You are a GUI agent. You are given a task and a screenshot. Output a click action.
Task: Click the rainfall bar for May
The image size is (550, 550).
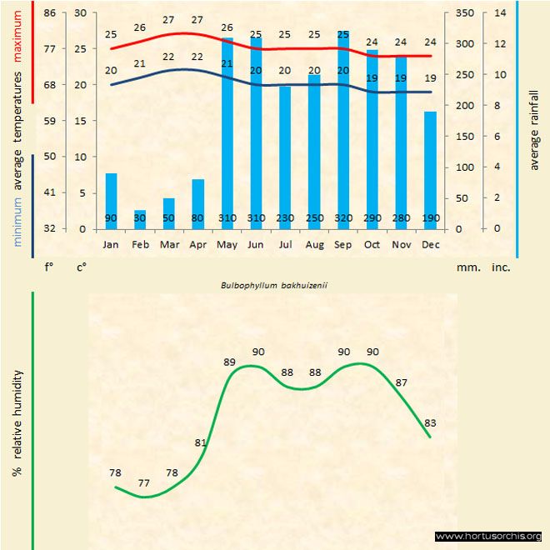tap(227, 133)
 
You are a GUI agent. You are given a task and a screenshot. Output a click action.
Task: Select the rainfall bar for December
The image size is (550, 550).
tap(430, 170)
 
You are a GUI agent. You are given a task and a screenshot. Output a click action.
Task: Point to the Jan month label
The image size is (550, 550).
tap(111, 245)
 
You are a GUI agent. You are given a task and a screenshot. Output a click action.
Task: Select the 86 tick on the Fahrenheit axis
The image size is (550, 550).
tap(50, 13)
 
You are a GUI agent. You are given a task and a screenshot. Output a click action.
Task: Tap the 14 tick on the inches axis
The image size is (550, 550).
tap(500, 13)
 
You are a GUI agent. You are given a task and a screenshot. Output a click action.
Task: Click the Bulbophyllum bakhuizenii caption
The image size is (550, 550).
tap(274, 284)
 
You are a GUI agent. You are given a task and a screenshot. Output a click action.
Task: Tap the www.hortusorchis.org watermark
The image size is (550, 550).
tap(488, 536)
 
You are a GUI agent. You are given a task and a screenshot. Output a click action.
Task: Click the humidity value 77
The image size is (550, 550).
tap(143, 482)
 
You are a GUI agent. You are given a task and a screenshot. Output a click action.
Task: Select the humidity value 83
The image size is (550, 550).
tap(430, 422)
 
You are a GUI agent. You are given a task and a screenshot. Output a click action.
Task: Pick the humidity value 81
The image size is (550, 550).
tap(200, 442)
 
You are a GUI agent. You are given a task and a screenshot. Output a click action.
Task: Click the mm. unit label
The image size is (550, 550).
tap(467, 268)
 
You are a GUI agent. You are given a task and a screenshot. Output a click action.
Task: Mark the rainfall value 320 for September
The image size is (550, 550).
tap(343, 218)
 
